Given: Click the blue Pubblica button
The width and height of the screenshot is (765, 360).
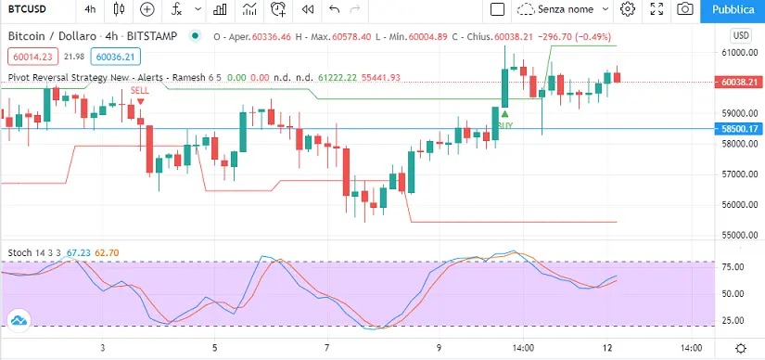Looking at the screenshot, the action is point(733,10).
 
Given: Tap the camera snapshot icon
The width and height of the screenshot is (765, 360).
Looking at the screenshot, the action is point(685,9).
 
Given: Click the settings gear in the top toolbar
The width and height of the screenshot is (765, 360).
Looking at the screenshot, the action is point(628,8).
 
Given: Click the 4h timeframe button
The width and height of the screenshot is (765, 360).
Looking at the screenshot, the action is point(90,9).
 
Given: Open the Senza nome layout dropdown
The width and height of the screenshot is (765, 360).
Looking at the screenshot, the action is point(563,9).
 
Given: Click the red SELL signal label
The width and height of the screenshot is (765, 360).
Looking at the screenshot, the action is point(140,90).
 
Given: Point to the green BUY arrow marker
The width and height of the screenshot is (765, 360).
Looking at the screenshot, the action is point(505,114).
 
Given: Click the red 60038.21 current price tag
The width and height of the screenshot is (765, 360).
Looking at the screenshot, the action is point(738,82).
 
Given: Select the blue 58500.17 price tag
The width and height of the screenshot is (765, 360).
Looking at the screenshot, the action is point(738,129).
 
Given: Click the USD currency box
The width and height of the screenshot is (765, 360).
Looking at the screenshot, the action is point(741,36).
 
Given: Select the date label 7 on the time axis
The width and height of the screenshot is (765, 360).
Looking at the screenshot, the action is point(327,348).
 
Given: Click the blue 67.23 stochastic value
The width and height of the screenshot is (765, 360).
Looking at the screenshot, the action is point(79,253).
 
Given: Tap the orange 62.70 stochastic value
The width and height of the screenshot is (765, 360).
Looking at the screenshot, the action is point(107,253).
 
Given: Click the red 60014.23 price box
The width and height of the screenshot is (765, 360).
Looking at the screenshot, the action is point(33,57).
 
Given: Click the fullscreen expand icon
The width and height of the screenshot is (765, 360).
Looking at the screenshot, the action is point(657,9).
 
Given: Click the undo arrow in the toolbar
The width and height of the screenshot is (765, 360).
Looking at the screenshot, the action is point(334,9).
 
